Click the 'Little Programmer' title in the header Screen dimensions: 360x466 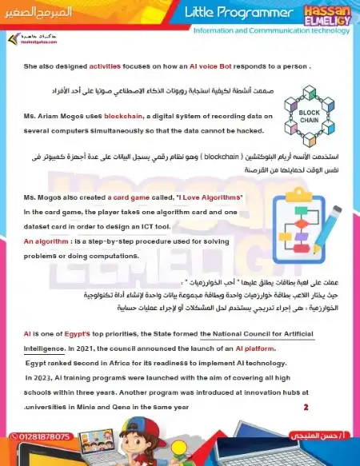tap(239, 13)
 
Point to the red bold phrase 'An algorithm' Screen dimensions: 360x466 tap(46, 241)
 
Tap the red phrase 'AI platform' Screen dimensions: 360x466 tap(253, 349)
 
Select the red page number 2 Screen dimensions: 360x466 tap(306, 408)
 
